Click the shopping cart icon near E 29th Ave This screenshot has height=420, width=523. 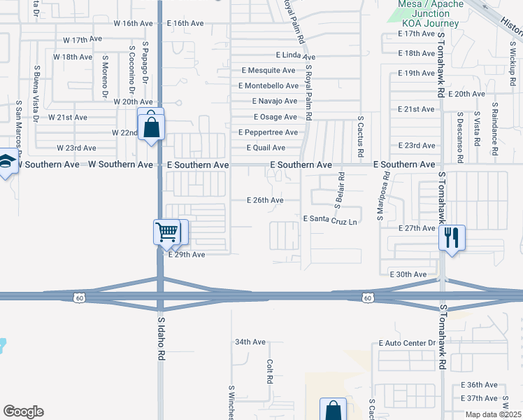(x=166, y=232)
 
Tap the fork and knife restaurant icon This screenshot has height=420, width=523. (x=452, y=237)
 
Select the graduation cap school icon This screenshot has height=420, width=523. (x=6, y=164)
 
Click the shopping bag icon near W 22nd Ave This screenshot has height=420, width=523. (x=151, y=127)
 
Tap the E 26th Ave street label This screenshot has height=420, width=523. (x=265, y=200)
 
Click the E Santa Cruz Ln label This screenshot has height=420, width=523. (x=330, y=219)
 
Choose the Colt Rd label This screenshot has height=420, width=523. (x=269, y=371)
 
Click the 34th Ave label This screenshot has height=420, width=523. (x=250, y=342)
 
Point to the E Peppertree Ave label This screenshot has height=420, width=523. (x=268, y=132)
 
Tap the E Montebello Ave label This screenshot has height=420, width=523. (x=268, y=85)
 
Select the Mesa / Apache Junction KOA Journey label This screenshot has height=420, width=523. (x=420, y=14)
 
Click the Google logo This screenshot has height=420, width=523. (x=23, y=412)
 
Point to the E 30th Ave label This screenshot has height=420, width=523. (x=408, y=274)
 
